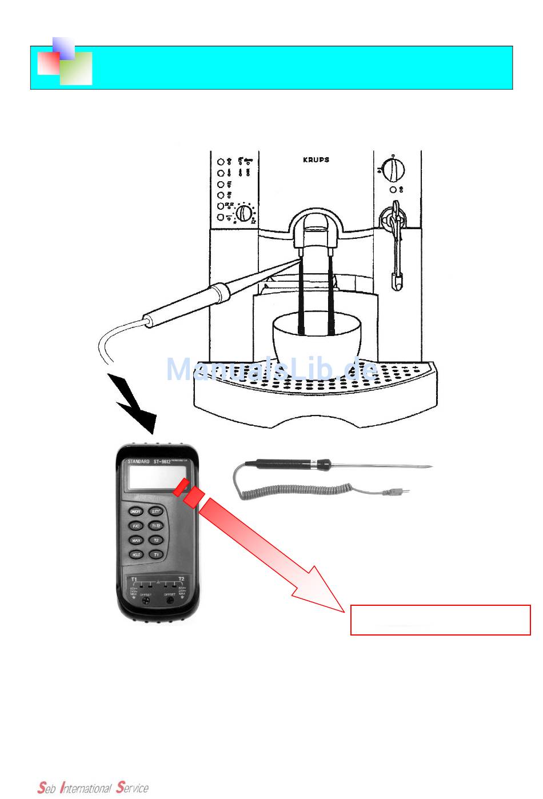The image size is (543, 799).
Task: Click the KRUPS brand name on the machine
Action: (x=316, y=160)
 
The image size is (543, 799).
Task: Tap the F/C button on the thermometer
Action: (x=136, y=526)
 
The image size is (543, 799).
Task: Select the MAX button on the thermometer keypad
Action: (x=136, y=540)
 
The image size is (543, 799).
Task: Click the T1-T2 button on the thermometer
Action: (x=155, y=526)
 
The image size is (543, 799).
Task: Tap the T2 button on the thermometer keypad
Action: (x=155, y=540)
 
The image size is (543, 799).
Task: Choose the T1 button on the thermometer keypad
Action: (x=155, y=554)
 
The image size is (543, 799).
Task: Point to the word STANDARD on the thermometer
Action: (x=138, y=461)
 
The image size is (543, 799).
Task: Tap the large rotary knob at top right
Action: (x=393, y=169)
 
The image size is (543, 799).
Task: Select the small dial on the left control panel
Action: (x=244, y=213)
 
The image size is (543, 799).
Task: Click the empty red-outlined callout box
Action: (x=440, y=620)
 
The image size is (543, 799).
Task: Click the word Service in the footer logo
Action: (x=132, y=788)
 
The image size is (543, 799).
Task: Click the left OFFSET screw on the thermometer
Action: (x=146, y=601)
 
